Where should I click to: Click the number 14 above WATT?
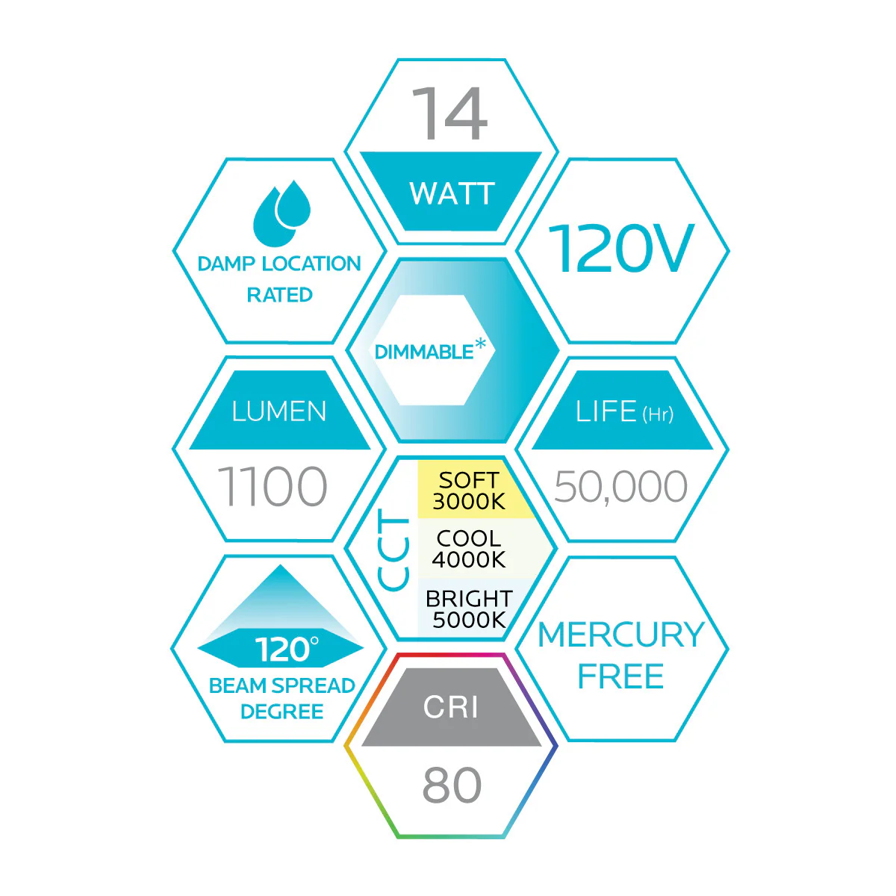pyautogui.click(x=449, y=113)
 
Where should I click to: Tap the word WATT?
pyautogui.click(x=452, y=193)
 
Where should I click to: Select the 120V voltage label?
pyautogui.click(x=621, y=248)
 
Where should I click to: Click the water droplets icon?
pyautogui.click(x=281, y=213)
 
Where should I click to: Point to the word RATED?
pyautogui.click(x=279, y=295)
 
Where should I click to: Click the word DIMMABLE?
pyautogui.click(x=423, y=352)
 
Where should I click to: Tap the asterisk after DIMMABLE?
pyautogui.click(x=480, y=344)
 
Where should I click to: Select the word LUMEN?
pyautogui.click(x=279, y=411)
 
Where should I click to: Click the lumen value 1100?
pyautogui.click(x=273, y=486)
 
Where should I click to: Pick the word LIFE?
pyautogui.click(x=606, y=411)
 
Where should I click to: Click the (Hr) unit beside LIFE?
pyautogui.click(x=658, y=414)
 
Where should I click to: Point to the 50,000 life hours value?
pyautogui.click(x=620, y=486)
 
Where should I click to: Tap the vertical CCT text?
pyautogui.click(x=393, y=550)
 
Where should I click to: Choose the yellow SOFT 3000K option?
pyautogui.click(x=469, y=491)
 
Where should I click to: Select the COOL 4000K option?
pyautogui.click(x=469, y=549)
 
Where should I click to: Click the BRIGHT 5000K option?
pyautogui.click(x=469, y=609)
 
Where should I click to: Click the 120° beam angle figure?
pyautogui.click(x=287, y=650)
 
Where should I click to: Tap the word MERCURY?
pyautogui.click(x=621, y=635)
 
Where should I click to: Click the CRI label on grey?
pyautogui.click(x=450, y=707)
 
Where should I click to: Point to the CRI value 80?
pyautogui.click(x=452, y=785)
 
